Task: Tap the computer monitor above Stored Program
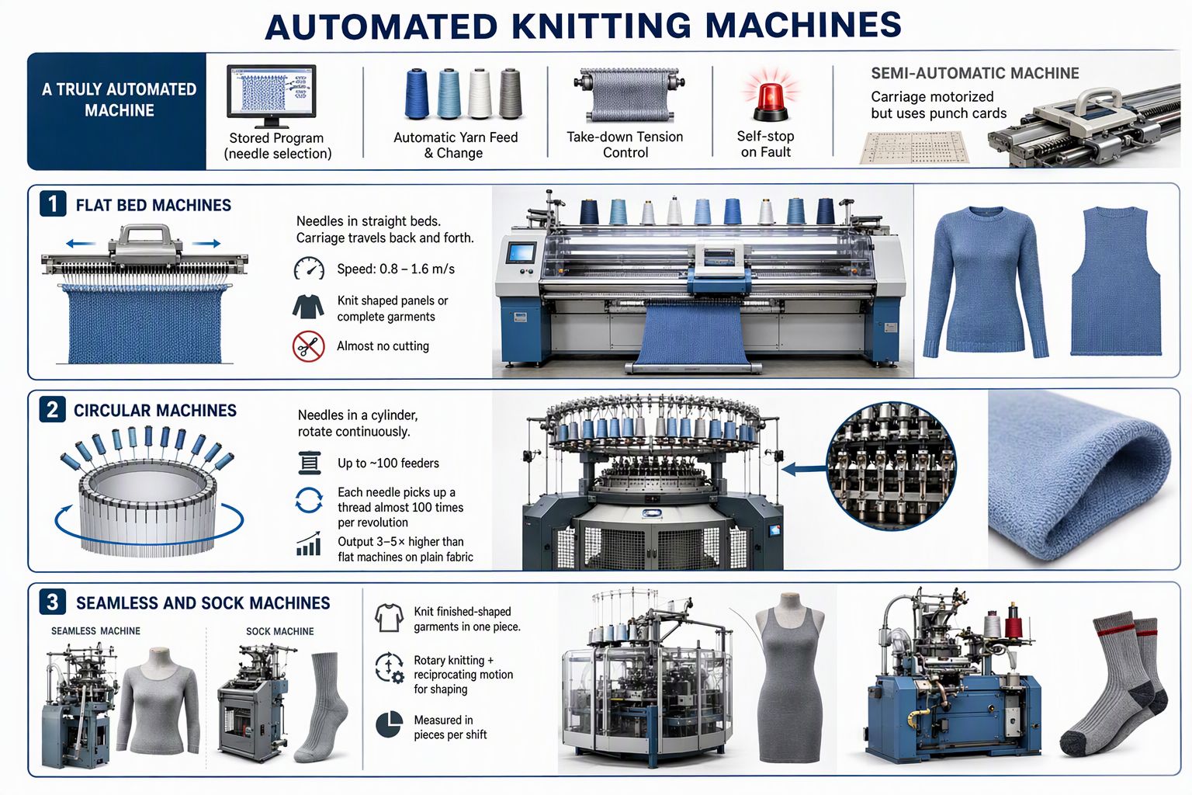coord(272,95)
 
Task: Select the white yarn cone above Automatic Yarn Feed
coord(480,93)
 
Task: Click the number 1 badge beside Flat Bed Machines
coord(53,204)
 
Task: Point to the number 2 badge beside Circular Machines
coord(52,409)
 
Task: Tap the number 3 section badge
coord(52,602)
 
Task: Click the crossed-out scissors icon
coord(308,346)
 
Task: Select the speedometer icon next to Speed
coord(309,269)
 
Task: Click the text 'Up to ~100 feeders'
coord(388,463)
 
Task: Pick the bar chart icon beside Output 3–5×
coord(308,543)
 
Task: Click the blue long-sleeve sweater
coord(986,283)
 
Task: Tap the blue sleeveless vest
coord(1116,281)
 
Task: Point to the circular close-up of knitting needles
coord(891,466)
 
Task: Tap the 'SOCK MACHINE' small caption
coord(280,631)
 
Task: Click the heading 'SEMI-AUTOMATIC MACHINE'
coord(975,73)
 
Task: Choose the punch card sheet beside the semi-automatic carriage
coord(914,148)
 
